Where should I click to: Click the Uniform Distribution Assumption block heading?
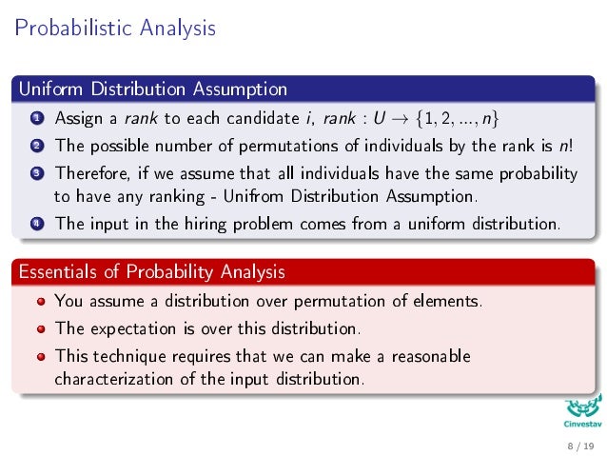[x=152, y=90]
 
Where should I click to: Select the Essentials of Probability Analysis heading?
[x=150, y=272]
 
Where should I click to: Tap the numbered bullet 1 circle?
[x=35, y=119]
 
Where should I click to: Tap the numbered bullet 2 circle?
[x=35, y=147]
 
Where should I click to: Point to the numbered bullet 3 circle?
[x=35, y=174]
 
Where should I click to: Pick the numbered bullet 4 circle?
[x=35, y=225]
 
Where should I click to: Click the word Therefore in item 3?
[x=93, y=174]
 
